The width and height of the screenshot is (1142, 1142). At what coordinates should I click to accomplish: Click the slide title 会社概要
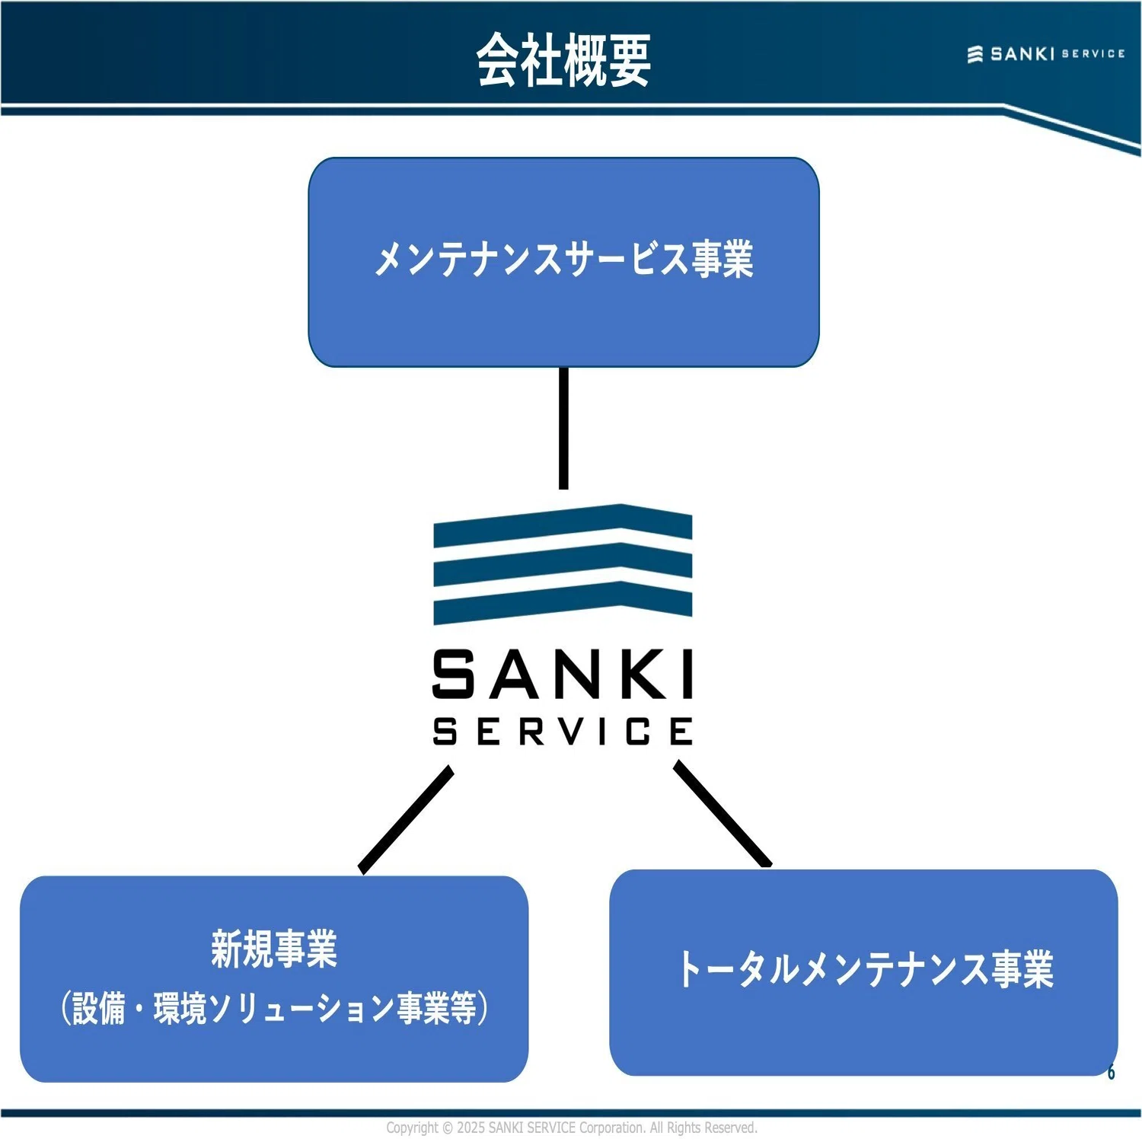click(563, 59)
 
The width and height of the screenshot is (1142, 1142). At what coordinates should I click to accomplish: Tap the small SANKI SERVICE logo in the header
click(1046, 54)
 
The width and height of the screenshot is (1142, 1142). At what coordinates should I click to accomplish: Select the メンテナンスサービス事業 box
click(563, 262)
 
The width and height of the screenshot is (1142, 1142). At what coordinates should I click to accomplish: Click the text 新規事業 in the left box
click(274, 949)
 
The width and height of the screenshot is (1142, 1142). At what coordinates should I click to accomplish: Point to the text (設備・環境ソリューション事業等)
click(274, 1007)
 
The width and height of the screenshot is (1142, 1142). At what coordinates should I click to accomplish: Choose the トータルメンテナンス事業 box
click(863, 972)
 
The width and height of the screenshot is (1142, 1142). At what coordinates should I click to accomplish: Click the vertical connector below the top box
click(563, 429)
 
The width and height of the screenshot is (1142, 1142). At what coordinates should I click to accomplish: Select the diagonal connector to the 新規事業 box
click(406, 820)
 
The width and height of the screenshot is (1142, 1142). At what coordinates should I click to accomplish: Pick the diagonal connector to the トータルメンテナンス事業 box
click(723, 814)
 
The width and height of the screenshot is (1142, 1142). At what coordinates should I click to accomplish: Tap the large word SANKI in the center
click(563, 674)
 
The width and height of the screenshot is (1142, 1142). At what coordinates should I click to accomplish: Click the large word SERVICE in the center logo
click(563, 731)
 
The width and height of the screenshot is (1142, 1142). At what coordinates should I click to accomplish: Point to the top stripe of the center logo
click(563, 525)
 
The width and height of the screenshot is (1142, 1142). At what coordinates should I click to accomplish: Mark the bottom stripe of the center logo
click(563, 603)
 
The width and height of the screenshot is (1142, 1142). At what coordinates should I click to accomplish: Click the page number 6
click(1112, 1072)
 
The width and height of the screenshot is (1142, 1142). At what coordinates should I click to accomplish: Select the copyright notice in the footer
click(572, 1128)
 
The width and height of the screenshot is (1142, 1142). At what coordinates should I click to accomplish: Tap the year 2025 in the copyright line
click(471, 1128)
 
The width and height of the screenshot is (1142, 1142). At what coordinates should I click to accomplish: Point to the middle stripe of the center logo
click(563, 564)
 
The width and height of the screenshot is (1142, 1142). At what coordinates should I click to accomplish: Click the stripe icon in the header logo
click(975, 54)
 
